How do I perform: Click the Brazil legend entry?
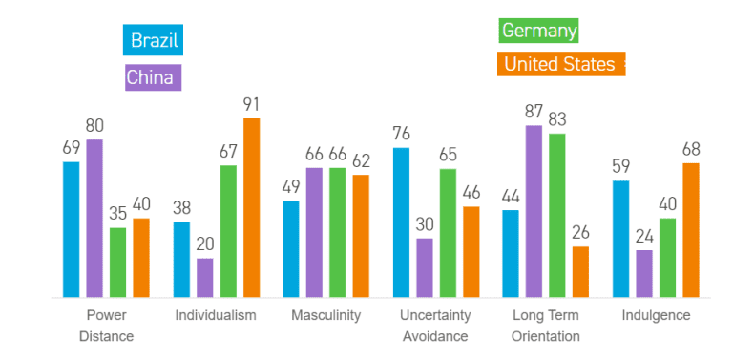pyautogui.click(x=153, y=41)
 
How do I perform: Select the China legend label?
pyautogui.click(x=153, y=77)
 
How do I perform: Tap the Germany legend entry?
pyautogui.click(x=539, y=31)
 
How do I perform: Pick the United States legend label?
pyautogui.click(x=560, y=64)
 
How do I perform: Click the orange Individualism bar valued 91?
pyautogui.click(x=251, y=207)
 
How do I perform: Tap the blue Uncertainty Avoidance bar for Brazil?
pyautogui.click(x=401, y=222)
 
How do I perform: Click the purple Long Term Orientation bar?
pyautogui.click(x=534, y=211)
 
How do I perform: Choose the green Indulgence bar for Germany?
pyautogui.click(x=667, y=257)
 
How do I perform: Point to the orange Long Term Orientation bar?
pyautogui.click(x=580, y=271)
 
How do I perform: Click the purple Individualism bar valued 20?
pyautogui.click(x=205, y=277)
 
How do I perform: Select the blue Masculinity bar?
pyautogui.click(x=291, y=248)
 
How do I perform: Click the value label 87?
pyautogui.click(x=534, y=111)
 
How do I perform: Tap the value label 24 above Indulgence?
pyautogui.click(x=644, y=236)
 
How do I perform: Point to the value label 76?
pyautogui.click(x=401, y=133)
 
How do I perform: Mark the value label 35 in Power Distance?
pyautogui.click(x=117, y=213)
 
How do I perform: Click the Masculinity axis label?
pyautogui.click(x=325, y=316)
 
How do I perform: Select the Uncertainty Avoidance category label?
pyautogui.click(x=435, y=326)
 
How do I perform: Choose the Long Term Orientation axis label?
pyautogui.click(x=545, y=326)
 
